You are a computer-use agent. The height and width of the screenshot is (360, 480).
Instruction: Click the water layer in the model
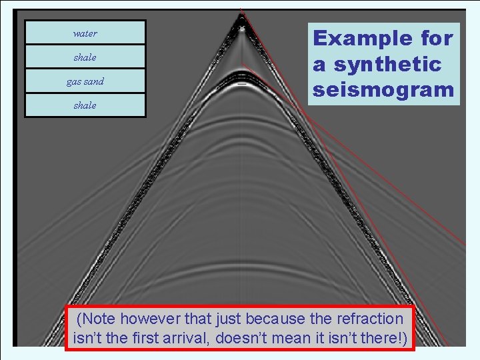85,33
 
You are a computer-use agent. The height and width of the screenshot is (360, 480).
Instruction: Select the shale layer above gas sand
85,57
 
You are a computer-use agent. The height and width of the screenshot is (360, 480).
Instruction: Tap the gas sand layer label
85,81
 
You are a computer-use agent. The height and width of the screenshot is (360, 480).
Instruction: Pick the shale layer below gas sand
85,105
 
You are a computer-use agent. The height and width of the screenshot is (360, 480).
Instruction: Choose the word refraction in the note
371,319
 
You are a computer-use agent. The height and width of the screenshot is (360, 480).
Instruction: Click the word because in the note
271,319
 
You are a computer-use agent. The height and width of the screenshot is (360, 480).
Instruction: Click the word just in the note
225,319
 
